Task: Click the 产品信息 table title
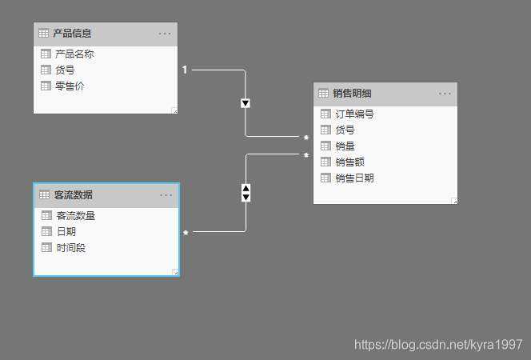72,34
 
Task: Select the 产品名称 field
75,54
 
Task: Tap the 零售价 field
70,86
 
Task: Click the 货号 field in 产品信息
66,70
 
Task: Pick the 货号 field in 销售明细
345,130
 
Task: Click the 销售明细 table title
352,94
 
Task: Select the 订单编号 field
355,114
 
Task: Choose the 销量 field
345,146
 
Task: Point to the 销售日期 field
355,178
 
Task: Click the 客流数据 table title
73,195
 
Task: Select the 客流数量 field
76,216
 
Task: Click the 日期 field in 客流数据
66,232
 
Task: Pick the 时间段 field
71,248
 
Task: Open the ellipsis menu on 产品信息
166,34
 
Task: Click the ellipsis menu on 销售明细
445,94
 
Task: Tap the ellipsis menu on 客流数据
166,195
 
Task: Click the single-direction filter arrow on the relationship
246,103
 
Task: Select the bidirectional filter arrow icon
246,193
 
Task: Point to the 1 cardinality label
185,70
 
